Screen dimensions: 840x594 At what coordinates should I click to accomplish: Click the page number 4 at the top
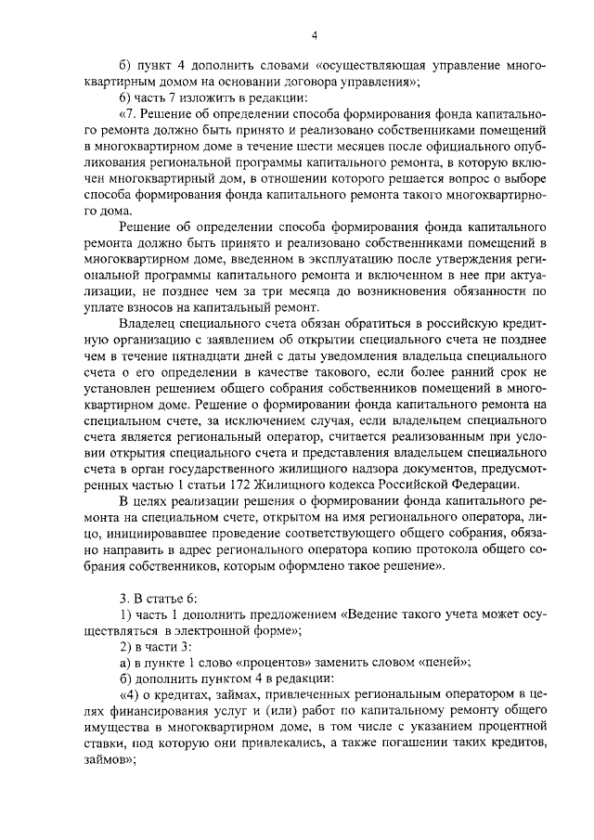(x=315, y=36)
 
